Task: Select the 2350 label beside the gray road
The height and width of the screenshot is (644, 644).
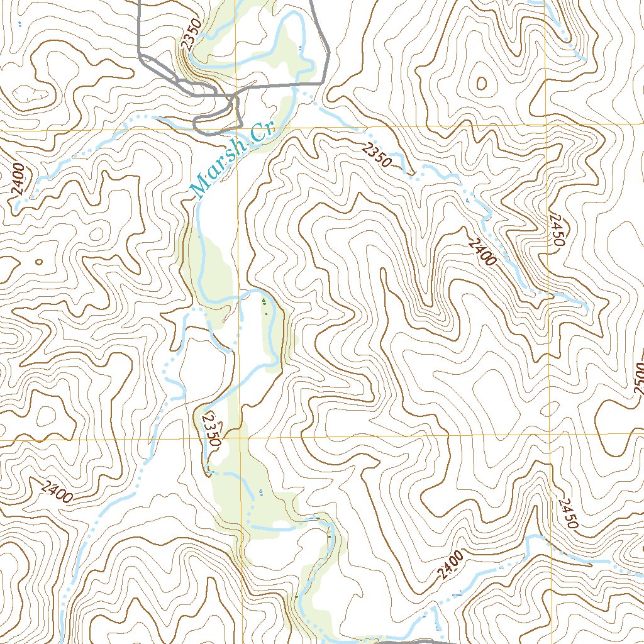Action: (187, 33)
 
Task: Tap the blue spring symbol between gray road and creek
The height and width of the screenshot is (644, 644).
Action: (299, 47)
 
